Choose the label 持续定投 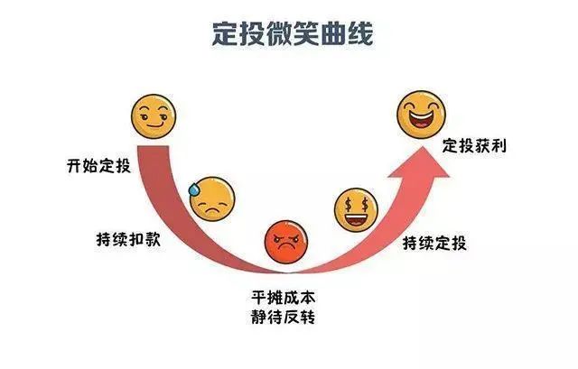435,243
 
